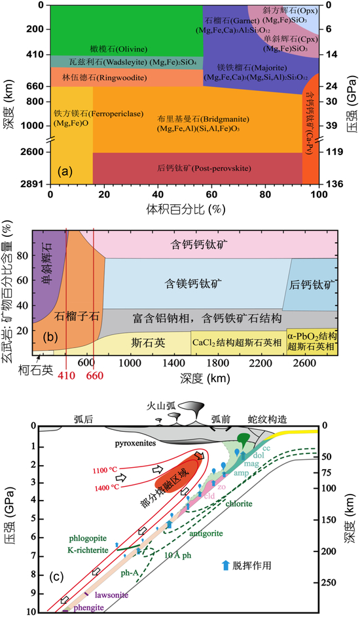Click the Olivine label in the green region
point(113,48)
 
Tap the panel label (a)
point(65,172)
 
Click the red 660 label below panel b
point(94,376)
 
